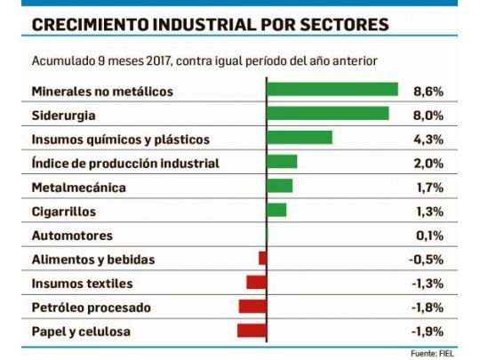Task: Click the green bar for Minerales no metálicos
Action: [332, 90]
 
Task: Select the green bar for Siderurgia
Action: [327, 114]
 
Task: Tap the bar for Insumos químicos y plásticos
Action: [299, 138]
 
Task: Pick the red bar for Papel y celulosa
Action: [252, 331]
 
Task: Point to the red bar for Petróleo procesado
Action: [252, 307]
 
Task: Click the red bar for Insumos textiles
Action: [256, 283]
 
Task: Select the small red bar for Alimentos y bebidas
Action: [262, 259]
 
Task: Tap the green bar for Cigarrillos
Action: [276, 210]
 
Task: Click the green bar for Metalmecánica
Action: [279, 186]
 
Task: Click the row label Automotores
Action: [72, 236]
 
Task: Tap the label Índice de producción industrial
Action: [124, 163]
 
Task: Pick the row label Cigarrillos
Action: [63, 212]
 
